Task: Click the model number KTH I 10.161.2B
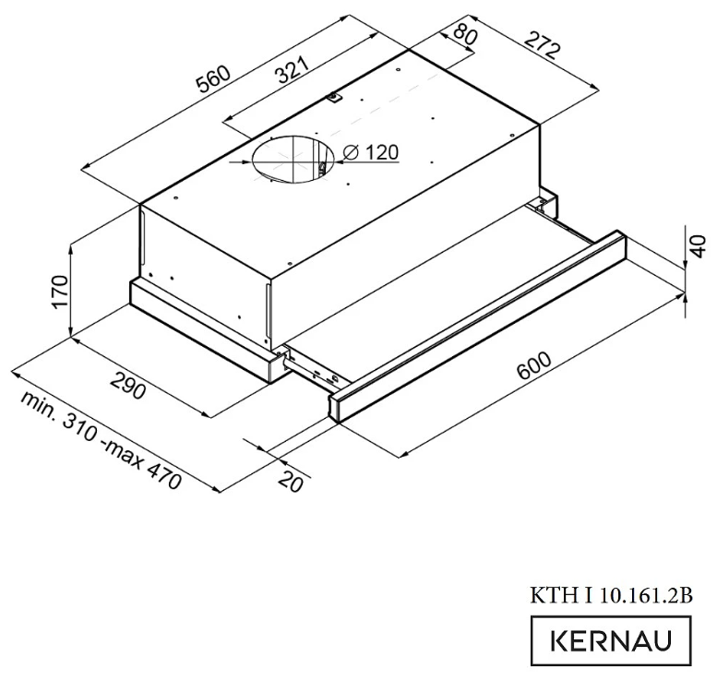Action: click(611, 595)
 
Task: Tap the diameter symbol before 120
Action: click(351, 154)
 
